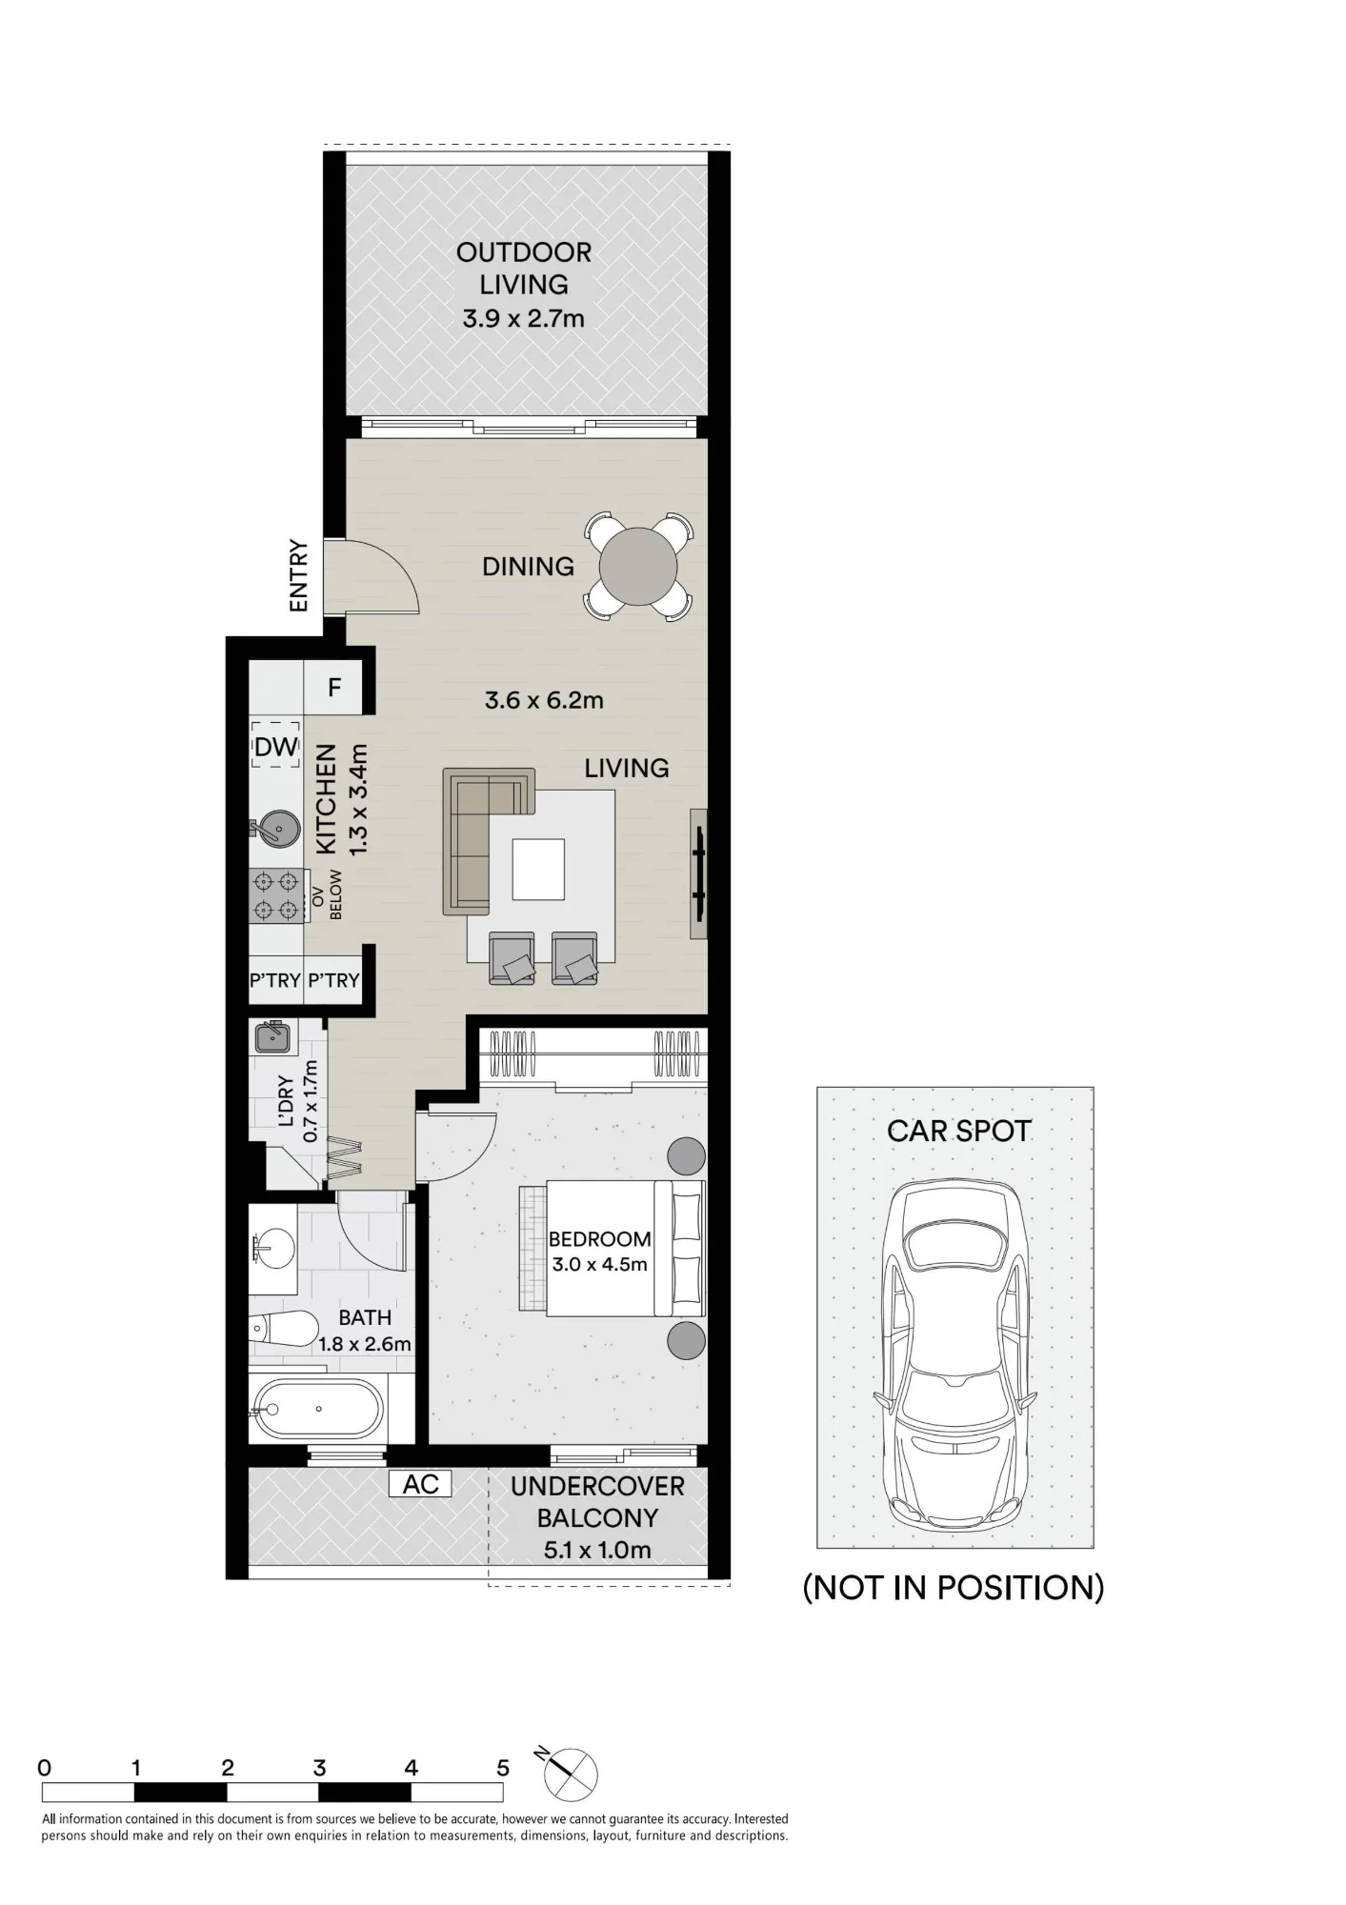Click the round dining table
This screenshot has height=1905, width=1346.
[x=638, y=567]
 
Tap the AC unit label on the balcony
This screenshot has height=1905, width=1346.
[x=420, y=1484]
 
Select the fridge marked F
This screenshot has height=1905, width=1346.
[x=333, y=688]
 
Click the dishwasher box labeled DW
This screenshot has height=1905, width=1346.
[x=276, y=747]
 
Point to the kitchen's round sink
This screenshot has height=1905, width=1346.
[x=275, y=829]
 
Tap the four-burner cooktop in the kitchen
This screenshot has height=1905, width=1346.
[x=276, y=896]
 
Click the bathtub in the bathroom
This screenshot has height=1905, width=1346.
[x=317, y=1409]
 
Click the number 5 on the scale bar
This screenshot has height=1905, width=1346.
[x=503, y=1768]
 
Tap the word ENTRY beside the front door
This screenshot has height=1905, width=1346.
[x=298, y=575]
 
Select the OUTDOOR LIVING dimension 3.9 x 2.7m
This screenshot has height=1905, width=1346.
[x=524, y=318]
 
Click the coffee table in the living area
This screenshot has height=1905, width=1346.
[x=538, y=869]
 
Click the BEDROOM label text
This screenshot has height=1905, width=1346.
[x=600, y=1239]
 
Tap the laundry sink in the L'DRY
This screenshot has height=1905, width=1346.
[x=273, y=1036]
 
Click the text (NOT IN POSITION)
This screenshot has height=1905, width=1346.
[x=954, y=1588]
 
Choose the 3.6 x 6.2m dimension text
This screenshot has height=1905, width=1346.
[x=544, y=701]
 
